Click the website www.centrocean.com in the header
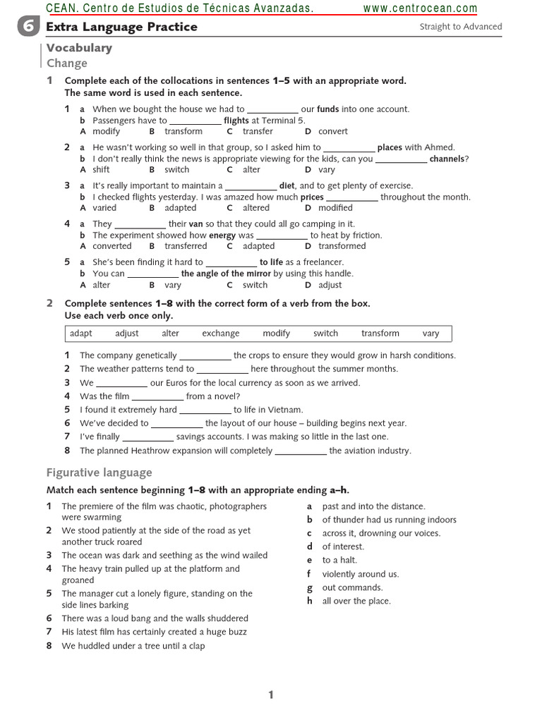(x=420, y=8)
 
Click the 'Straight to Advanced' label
(x=460, y=27)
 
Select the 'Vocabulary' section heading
(x=79, y=48)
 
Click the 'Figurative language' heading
(x=99, y=472)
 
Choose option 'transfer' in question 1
(x=258, y=131)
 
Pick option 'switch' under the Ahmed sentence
(x=176, y=169)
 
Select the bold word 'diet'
(x=287, y=186)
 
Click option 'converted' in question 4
(x=112, y=246)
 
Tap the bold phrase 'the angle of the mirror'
(x=226, y=274)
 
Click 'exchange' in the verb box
(x=220, y=334)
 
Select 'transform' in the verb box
(x=380, y=334)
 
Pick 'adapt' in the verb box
(x=81, y=334)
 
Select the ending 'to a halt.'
(x=339, y=560)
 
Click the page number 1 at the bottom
(x=270, y=695)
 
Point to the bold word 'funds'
(x=328, y=109)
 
